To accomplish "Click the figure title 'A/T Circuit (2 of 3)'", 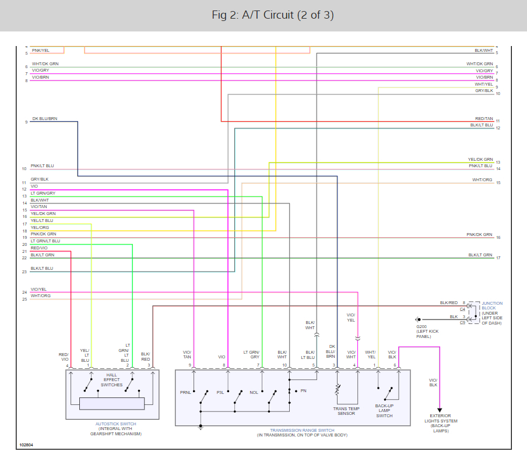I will tap(272, 15).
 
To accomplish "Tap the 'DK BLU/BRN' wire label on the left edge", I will tap(44, 119).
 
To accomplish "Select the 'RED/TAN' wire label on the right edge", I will tap(484, 118).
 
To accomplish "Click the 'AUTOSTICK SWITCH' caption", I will tap(115, 424).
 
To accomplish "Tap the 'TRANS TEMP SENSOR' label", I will tap(346, 411).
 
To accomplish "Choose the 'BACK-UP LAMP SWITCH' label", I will tap(384, 411).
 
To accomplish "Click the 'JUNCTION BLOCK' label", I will tap(492, 305).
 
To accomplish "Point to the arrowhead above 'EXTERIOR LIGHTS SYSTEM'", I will tap(440, 410).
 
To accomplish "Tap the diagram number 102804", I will tap(26, 445).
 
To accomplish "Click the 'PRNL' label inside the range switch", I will tap(185, 392).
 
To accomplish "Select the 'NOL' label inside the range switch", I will tap(254, 392).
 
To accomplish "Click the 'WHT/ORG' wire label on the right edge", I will tap(482, 180).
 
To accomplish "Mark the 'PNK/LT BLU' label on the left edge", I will tap(42, 166).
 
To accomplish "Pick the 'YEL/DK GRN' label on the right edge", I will tap(480, 160).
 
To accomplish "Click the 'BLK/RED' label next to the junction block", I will tap(448, 303).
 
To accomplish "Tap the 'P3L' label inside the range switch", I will tap(220, 392).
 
